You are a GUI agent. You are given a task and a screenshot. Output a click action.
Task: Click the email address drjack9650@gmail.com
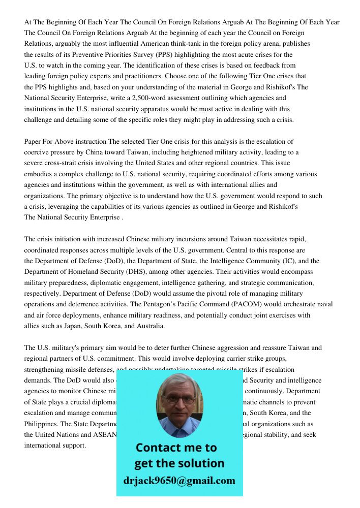(x=179, y=481)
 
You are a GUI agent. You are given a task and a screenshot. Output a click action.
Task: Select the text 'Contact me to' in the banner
(x=176, y=448)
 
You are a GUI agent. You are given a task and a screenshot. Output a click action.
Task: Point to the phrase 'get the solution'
(x=179, y=463)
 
